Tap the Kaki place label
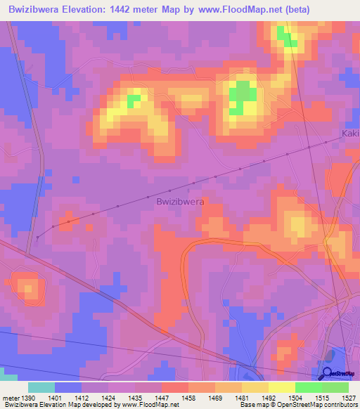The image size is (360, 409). pos(349,134)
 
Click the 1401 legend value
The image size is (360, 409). pos(54,397)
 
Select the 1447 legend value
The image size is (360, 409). pos(161,397)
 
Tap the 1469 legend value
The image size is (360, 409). pos(214,397)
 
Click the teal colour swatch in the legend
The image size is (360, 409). pos(41,387)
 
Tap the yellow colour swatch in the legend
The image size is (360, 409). pos(281,387)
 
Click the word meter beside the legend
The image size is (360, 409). pos(9,397)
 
